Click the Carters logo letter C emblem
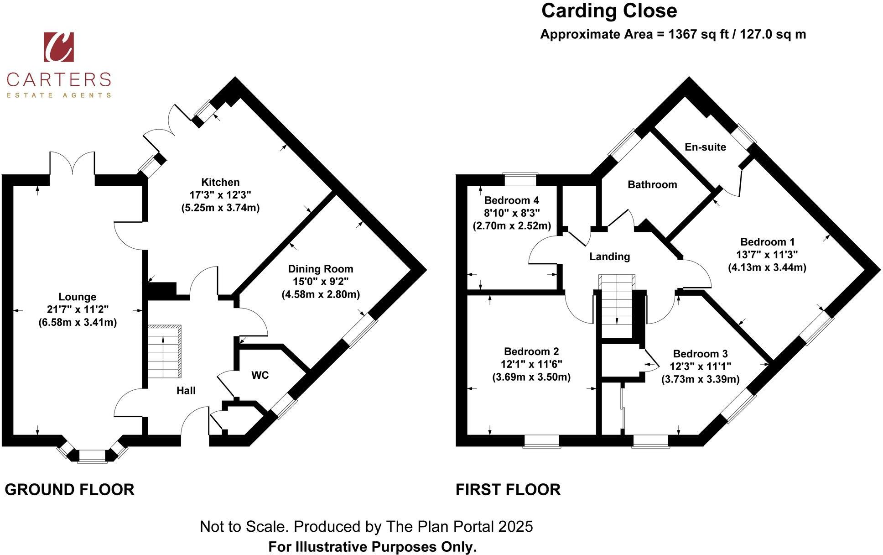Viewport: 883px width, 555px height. (58, 47)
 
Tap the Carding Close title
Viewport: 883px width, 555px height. (609, 10)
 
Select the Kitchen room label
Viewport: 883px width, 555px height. (220, 182)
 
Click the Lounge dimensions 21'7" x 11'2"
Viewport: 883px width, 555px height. (78, 309)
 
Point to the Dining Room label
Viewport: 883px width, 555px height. (320, 269)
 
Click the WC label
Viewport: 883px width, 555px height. (260, 375)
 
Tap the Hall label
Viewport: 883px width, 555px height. (186, 390)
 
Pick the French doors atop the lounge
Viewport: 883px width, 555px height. (73, 163)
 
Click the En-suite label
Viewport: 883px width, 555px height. (705, 147)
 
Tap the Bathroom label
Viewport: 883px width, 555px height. (652, 184)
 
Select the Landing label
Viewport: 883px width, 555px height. (609, 257)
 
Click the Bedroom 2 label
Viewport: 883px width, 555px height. (531, 351)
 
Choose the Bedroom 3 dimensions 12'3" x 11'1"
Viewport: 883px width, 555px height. (700, 367)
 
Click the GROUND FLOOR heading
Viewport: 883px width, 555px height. (69, 490)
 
